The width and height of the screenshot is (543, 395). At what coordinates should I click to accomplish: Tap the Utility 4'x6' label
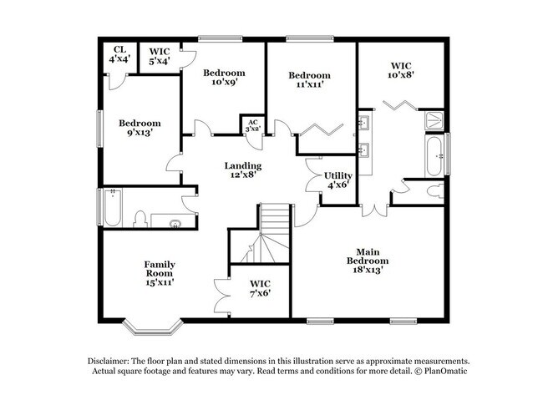(337, 180)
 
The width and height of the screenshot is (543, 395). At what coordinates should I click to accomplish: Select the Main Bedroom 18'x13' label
(372, 261)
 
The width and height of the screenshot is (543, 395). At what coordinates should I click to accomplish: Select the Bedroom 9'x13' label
(140, 128)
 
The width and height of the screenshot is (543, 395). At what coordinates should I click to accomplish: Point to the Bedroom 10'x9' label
(225, 78)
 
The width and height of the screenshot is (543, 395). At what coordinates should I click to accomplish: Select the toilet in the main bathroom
(433, 191)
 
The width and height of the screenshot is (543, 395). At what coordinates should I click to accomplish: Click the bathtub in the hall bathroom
(112, 209)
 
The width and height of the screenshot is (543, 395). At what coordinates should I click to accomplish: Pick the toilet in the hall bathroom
(142, 220)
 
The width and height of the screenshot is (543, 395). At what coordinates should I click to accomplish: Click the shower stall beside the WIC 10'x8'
(433, 119)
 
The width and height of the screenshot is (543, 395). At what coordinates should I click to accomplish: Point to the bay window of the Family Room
(150, 322)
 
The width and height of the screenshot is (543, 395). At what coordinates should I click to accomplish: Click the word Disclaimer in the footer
(110, 359)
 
